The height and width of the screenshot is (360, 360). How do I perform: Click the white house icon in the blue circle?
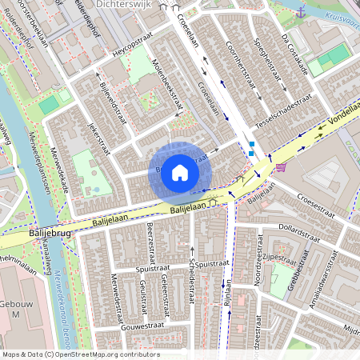pos(180,173)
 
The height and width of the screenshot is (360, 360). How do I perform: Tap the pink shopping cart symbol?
pos(281,167)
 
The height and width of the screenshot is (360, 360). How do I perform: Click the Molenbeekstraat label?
pos(171,90)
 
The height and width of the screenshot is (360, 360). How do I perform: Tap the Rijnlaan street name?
pos(228,291)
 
